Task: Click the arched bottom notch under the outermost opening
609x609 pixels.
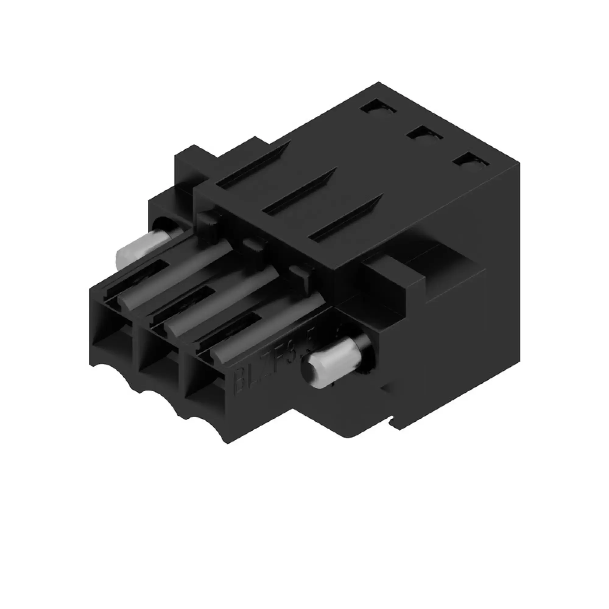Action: click(107, 372)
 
